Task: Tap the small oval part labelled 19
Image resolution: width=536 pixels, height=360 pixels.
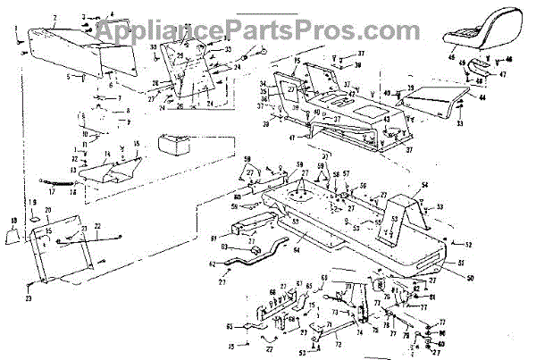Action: click(x=34, y=218)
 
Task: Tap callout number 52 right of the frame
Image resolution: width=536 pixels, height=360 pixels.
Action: click(x=471, y=244)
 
